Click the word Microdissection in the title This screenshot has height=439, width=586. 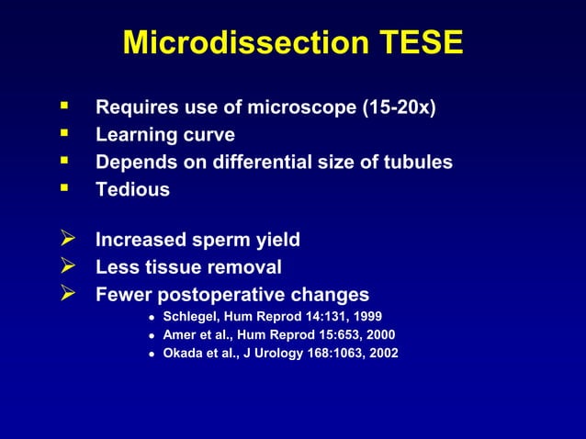click(x=238, y=42)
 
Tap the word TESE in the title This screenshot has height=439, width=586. click(x=413, y=42)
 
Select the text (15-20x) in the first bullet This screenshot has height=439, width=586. click(x=397, y=108)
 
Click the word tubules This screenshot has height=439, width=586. click(x=416, y=163)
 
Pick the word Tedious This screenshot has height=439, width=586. click(x=133, y=190)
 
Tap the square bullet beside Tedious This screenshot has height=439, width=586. click(x=64, y=188)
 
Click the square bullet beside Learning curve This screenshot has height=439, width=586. click(x=64, y=133)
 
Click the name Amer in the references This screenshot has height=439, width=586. click(x=179, y=335)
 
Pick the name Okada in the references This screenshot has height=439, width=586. click(x=182, y=353)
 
